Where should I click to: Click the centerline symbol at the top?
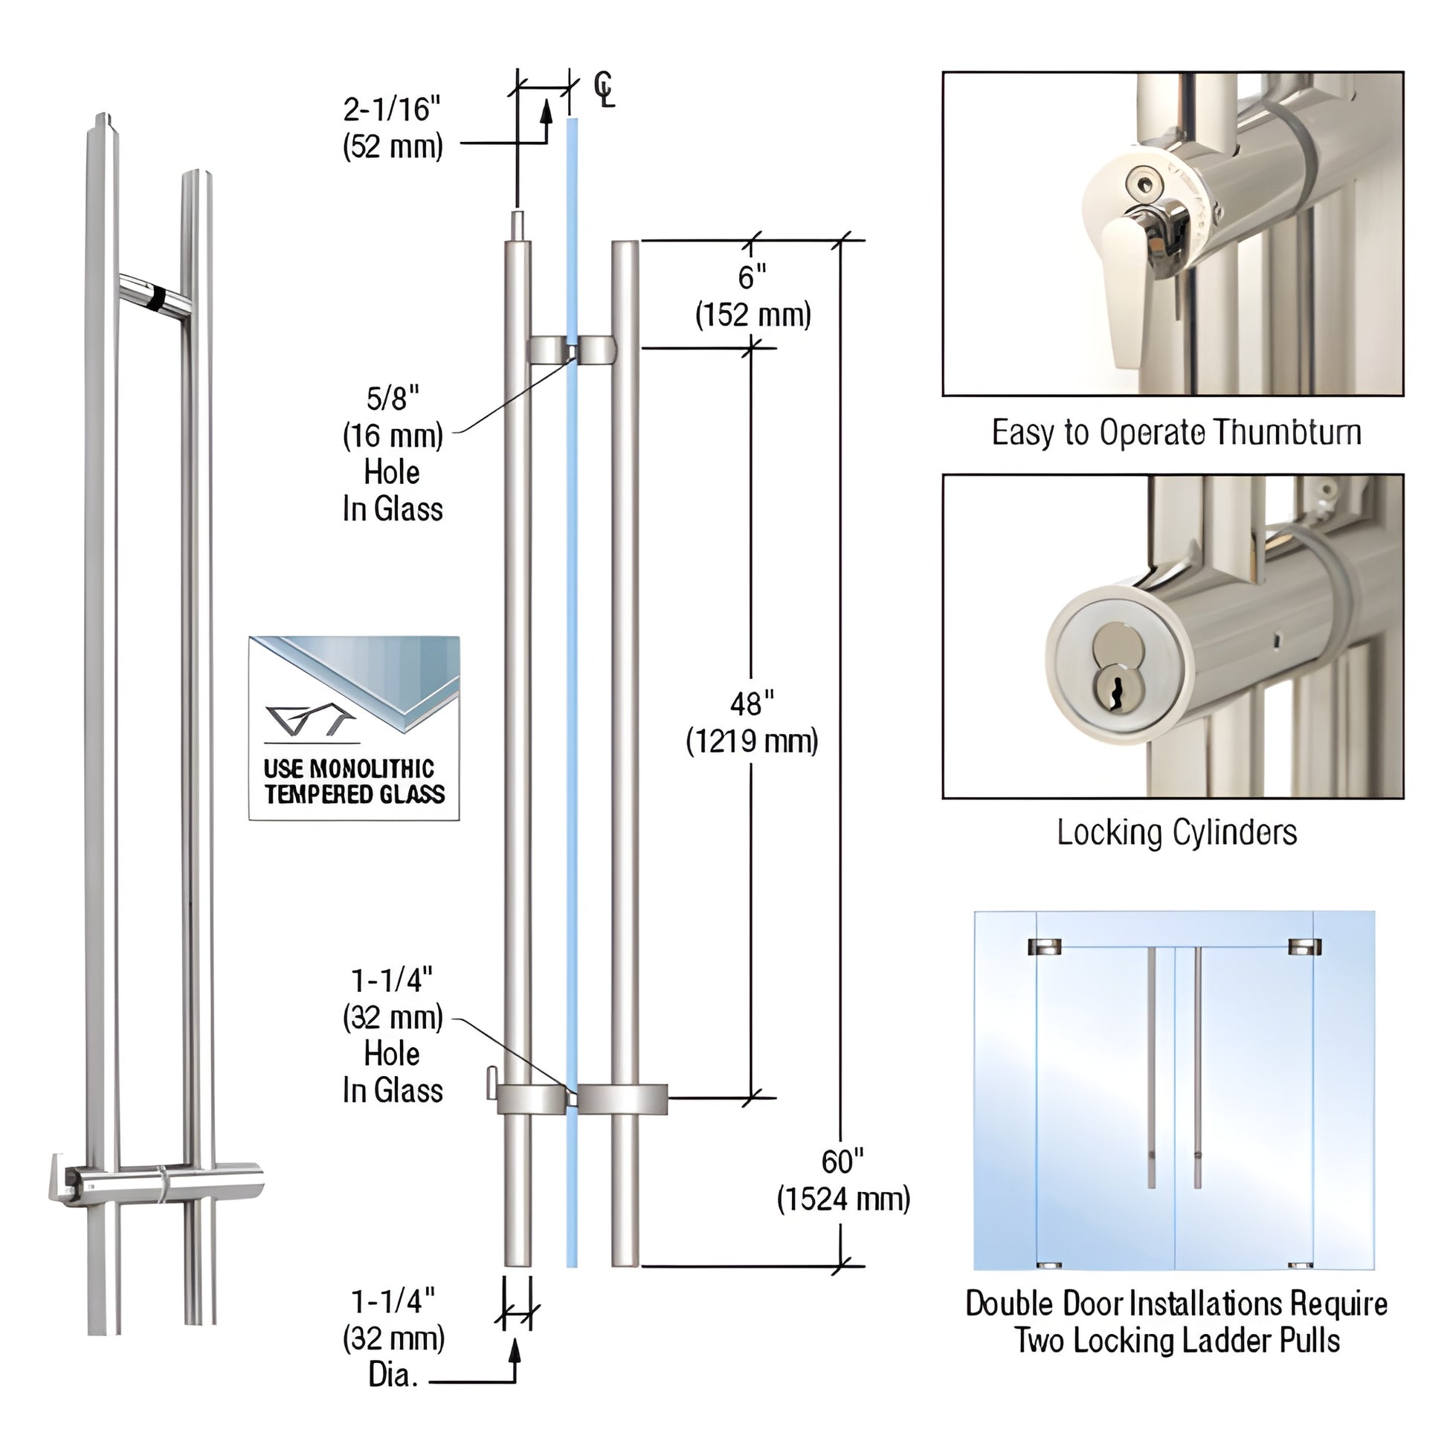point(604,90)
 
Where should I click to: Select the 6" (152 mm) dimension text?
point(752,296)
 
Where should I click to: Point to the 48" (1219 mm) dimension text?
point(752,723)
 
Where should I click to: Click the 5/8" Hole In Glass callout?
point(393,454)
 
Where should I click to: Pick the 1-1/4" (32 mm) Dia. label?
point(393,1338)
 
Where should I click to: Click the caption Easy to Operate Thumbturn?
point(1176,433)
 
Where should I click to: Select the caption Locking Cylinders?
point(1176,832)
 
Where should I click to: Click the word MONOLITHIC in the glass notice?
point(372,768)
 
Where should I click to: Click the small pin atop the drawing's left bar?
point(518,223)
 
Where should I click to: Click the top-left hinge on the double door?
point(1044,947)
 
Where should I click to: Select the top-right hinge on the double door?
point(1304,947)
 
